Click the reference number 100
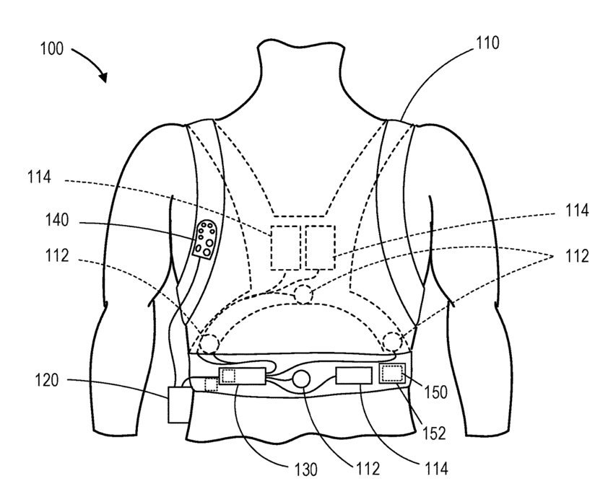[x=52, y=50]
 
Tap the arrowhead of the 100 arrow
[x=103, y=77]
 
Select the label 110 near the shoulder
[x=487, y=43]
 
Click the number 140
[x=57, y=220]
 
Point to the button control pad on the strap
[x=206, y=239]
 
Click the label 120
[x=47, y=380]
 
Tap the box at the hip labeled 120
[x=179, y=405]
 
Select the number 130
[x=306, y=469]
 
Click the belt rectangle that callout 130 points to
[x=243, y=376]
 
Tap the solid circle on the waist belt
[x=301, y=379]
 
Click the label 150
[x=436, y=392]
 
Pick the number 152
[x=435, y=433]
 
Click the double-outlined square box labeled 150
[x=392, y=374]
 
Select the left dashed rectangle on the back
[x=286, y=248]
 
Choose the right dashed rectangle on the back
[x=320, y=248]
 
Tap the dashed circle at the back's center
[x=303, y=295]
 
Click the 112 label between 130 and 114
[x=368, y=469]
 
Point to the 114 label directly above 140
[x=39, y=177]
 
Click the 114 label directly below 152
[x=436, y=469]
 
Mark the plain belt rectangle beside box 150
[x=354, y=376]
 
